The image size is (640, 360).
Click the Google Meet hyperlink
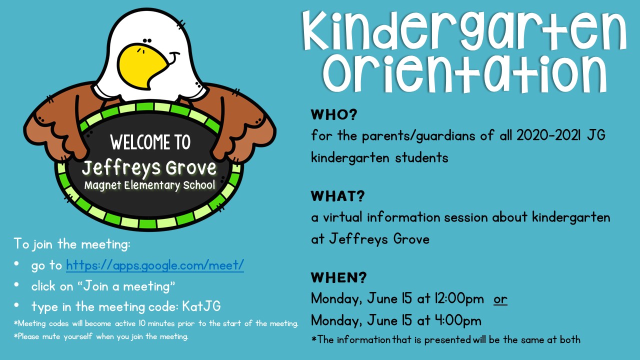pyautogui.click(x=155, y=265)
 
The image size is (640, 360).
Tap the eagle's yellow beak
pyautogui.click(x=143, y=65)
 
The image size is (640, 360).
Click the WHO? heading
pyautogui.click(x=334, y=115)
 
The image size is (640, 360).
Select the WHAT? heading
pyautogui.click(x=337, y=196)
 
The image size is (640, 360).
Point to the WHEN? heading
pyautogui.click(x=339, y=277)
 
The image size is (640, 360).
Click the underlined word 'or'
pyautogui.click(x=500, y=299)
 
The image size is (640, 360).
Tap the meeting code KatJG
pyautogui.click(x=201, y=306)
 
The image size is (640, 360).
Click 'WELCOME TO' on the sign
pyautogui.click(x=150, y=142)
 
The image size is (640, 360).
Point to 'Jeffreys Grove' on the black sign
pyautogui.click(x=149, y=167)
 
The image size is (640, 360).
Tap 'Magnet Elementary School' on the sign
pyautogui.click(x=149, y=185)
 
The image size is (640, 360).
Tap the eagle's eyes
pyautogui.click(x=147, y=41)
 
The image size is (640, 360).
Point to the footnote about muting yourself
pyautogui.click(x=101, y=336)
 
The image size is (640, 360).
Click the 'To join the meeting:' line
pyautogui.click(x=72, y=244)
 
